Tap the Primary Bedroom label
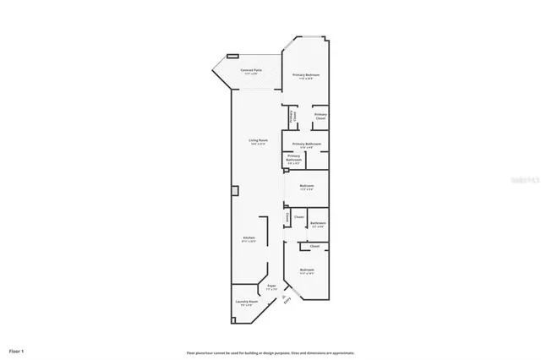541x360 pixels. tap(306, 76)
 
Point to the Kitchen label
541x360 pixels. tap(249, 238)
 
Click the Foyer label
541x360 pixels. tap(271, 286)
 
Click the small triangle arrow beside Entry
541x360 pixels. tap(284, 291)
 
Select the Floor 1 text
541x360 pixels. tap(17, 349)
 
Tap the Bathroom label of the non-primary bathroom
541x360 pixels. tap(318, 223)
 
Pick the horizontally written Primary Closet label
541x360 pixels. tap(320, 116)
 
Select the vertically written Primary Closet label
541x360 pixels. tap(292, 116)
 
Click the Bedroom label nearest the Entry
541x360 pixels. tap(306, 271)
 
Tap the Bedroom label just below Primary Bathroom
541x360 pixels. tap(306, 186)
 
